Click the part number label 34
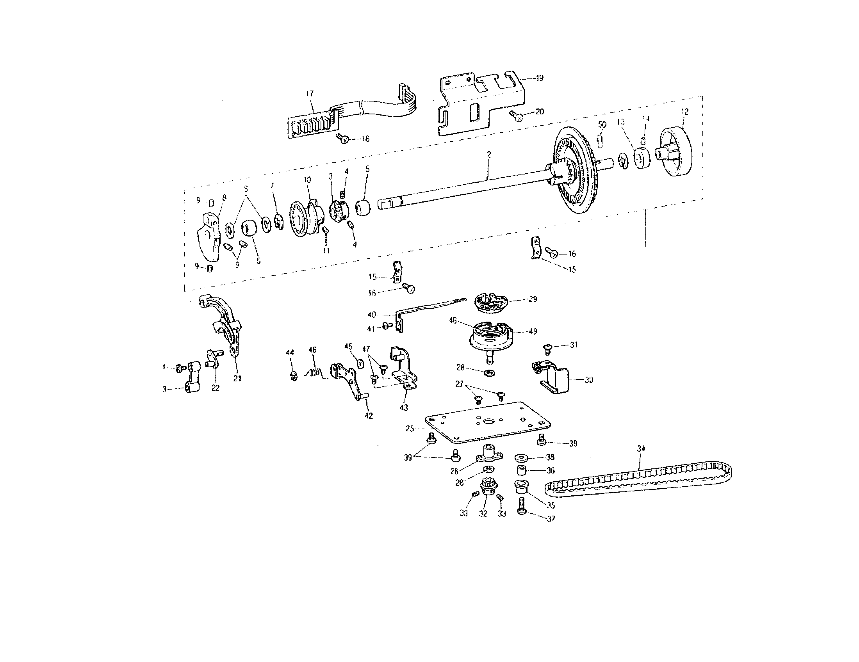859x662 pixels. tap(642, 448)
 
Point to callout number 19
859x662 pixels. tap(540, 78)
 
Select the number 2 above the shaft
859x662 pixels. tap(489, 155)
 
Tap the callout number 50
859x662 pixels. tap(602, 125)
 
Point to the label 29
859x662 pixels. tap(533, 299)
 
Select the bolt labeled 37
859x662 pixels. tap(522, 506)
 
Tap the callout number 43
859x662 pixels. tap(404, 408)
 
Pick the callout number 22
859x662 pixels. tap(216, 388)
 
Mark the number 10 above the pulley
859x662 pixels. tap(307, 180)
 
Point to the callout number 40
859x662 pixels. tap(372, 315)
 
